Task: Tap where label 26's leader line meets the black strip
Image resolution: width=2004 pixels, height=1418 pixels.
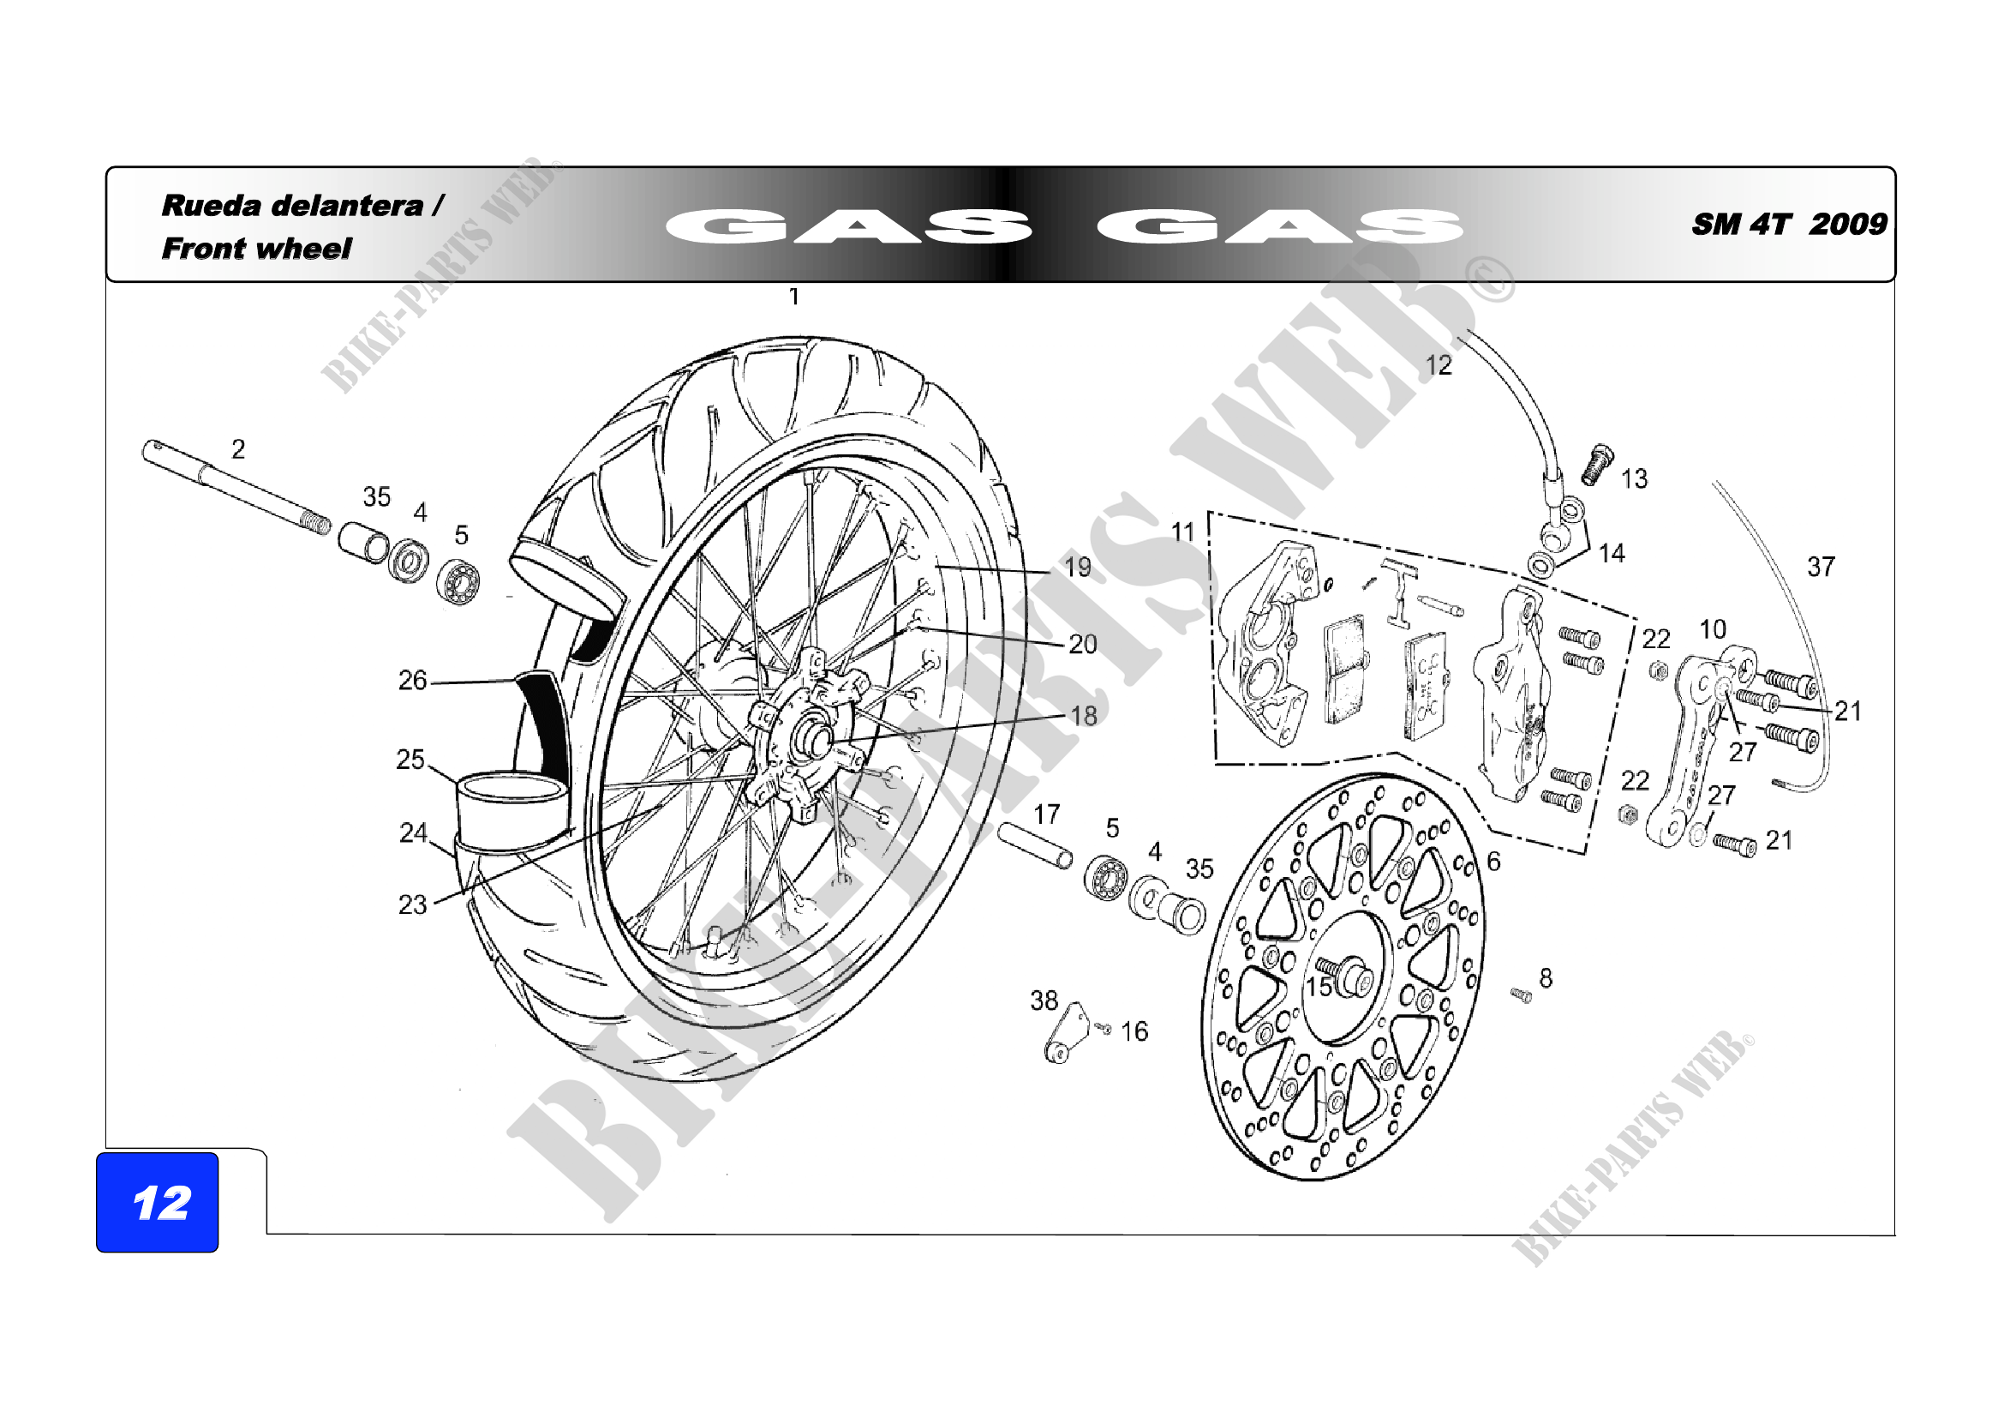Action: coord(517,681)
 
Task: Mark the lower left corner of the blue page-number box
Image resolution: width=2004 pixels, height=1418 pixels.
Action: coord(97,1251)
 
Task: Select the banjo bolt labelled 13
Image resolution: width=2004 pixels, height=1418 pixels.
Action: coord(1596,465)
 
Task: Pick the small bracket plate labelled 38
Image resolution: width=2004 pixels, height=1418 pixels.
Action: coord(1067,1035)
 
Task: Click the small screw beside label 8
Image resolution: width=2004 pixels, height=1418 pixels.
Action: coord(1521,994)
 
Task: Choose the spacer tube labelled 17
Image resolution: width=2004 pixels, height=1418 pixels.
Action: coord(1035,844)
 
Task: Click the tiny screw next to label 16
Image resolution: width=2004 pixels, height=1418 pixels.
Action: coord(1104,1029)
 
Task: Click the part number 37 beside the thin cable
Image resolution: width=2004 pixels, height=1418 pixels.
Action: coord(1821,567)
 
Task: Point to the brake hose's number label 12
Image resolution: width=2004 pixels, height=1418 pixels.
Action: coord(1439,365)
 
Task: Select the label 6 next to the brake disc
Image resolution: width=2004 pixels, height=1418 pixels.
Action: coord(1493,862)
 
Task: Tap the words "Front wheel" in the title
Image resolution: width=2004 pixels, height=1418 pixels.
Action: coord(257,248)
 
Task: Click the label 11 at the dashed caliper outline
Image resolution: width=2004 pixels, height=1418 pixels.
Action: coord(1181,532)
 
